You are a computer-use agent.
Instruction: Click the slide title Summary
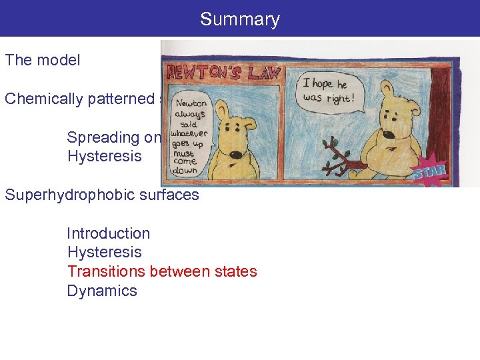[x=239, y=19]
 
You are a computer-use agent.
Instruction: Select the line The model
[x=43, y=60]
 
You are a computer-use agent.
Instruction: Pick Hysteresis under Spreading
[x=104, y=157]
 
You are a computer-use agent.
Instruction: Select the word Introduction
[x=108, y=233]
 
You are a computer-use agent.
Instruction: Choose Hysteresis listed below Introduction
[x=104, y=253]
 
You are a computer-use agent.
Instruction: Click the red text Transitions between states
[x=161, y=271]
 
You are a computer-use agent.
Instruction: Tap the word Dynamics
[x=102, y=291]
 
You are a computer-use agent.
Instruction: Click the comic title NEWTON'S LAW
[x=224, y=72]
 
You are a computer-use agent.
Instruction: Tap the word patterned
[x=123, y=99]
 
